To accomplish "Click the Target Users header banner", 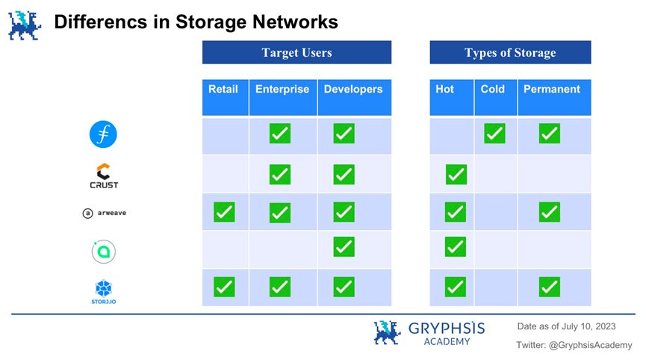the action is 296,52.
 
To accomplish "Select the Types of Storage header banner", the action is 510,52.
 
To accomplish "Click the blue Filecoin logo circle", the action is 103,134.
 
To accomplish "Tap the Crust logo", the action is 104,176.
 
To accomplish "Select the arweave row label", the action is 105,213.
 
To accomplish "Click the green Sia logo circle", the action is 103,251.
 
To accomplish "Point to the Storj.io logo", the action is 103,291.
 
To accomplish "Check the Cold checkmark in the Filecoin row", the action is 494,134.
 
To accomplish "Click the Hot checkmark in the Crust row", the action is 456,175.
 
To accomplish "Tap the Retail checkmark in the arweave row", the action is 224,212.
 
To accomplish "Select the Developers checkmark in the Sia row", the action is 344,246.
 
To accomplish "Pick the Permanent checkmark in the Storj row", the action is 549,287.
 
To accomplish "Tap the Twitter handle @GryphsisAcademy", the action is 591,345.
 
